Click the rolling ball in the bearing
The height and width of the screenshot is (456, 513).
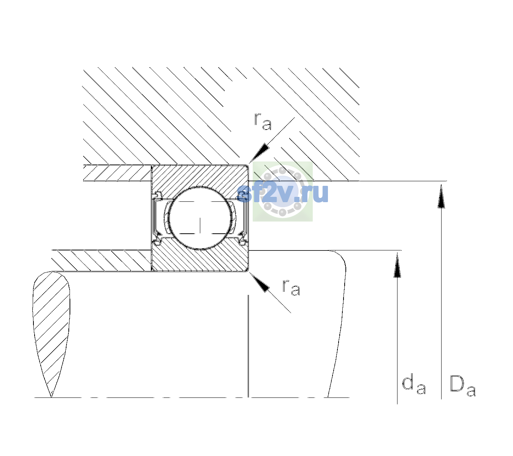pyautogui.click(x=200, y=218)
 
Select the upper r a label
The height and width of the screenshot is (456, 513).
pyautogui.click(x=263, y=122)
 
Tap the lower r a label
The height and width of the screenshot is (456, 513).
pyautogui.click(x=291, y=288)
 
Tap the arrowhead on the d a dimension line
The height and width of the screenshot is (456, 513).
pyautogui.click(x=397, y=265)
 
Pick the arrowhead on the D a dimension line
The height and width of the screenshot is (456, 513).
pyautogui.click(x=441, y=196)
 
